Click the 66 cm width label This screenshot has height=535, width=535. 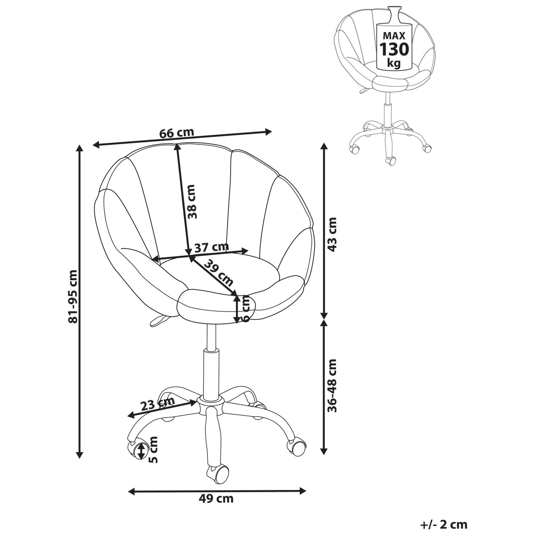tap(177, 133)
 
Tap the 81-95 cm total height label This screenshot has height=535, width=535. tap(73, 296)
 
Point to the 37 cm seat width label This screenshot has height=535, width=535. tap(212, 247)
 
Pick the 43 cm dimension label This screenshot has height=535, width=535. tap(332, 234)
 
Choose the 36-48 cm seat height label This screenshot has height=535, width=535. tap(332, 386)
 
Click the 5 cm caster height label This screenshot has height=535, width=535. tap(154, 449)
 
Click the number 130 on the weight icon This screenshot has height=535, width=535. tap(394, 49)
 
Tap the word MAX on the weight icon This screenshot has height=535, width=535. tap(394, 36)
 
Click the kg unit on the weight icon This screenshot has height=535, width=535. tap(394, 64)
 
